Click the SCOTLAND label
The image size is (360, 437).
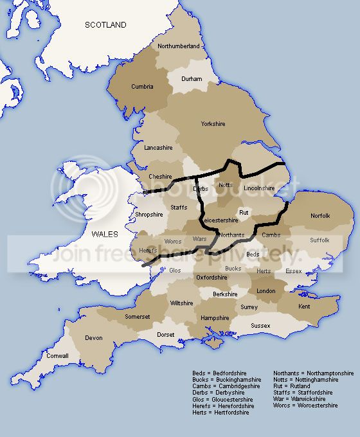click(x=106, y=25)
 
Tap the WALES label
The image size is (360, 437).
click(x=105, y=234)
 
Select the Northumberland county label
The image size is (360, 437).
click(x=179, y=46)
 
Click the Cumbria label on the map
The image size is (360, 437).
click(x=142, y=86)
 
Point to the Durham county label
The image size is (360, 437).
click(x=191, y=79)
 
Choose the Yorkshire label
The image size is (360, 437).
click(x=213, y=123)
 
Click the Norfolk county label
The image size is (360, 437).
click(x=320, y=215)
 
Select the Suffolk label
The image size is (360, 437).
click(x=319, y=240)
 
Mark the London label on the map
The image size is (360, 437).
click(x=265, y=290)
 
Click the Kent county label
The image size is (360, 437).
click(x=304, y=307)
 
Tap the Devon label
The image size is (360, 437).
click(x=93, y=337)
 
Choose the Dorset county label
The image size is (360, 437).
click(x=165, y=335)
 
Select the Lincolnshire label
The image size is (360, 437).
click(x=259, y=188)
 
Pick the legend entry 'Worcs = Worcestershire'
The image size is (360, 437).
click(x=305, y=406)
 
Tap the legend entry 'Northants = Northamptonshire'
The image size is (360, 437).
click(x=313, y=373)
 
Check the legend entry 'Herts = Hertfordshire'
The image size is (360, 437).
click(x=221, y=412)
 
